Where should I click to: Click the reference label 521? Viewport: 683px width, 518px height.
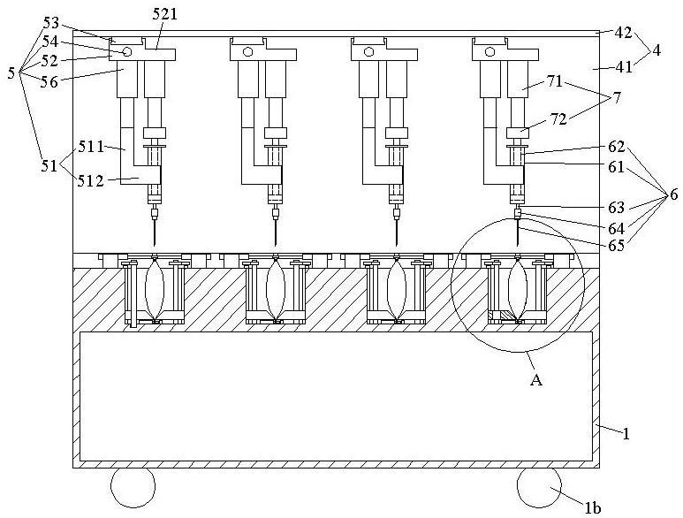pyautogui.click(x=165, y=14)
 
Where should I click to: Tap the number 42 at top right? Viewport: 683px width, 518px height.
pyautogui.click(x=623, y=33)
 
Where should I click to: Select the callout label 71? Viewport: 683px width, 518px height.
pyautogui.click(x=554, y=81)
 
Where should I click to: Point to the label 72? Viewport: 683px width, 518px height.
pyautogui.click(x=558, y=118)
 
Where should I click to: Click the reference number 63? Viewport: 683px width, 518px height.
pyautogui.click(x=617, y=208)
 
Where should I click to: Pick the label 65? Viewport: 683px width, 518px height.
pyautogui.click(x=617, y=245)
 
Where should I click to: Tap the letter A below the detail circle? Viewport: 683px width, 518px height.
pyautogui.click(x=536, y=380)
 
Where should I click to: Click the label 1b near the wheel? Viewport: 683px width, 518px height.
pyautogui.click(x=592, y=508)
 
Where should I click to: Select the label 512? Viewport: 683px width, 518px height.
pyautogui.click(x=91, y=181)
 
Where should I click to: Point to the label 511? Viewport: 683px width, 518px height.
pyautogui.click(x=91, y=147)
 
